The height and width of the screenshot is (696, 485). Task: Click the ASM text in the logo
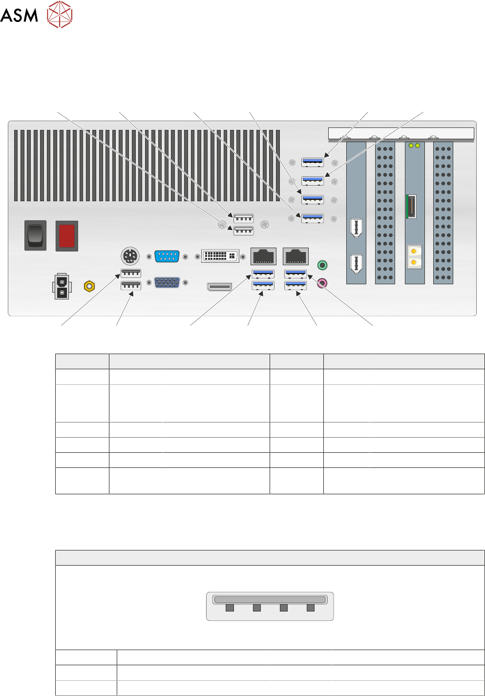point(19,15)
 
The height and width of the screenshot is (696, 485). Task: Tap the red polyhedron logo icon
point(60,14)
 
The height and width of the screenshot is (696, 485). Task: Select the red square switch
point(67,236)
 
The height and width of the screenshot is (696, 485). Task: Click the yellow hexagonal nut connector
point(89,286)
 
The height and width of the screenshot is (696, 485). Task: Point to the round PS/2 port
point(130,255)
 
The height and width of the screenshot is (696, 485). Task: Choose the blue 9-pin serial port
point(167,256)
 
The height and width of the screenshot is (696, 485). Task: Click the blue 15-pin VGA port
point(167,282)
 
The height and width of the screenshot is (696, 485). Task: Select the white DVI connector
point(220,256)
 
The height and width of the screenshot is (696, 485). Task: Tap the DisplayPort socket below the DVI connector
point(219,287)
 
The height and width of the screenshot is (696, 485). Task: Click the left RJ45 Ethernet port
point(263,256)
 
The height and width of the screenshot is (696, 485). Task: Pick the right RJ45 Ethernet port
point(295,256)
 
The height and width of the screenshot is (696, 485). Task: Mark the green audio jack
point(322,265)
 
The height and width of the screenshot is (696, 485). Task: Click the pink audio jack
point(322,282)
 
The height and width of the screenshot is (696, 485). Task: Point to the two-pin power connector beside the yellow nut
point(62,287)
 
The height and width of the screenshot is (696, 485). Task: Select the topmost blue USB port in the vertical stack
point(313,162)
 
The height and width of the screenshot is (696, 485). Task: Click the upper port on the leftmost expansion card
point(356,228)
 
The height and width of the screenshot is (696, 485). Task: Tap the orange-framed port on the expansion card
point(411,206)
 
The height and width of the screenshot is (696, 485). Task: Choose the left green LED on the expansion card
point(411,146)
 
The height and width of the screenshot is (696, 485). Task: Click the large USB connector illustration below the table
point(270,606)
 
